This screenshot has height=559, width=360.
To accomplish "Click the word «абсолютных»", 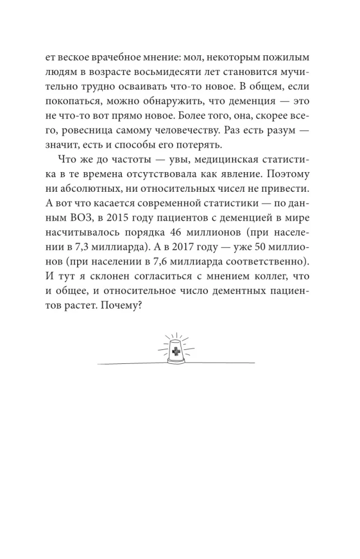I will pyautogui.click(x=90, y=188).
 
